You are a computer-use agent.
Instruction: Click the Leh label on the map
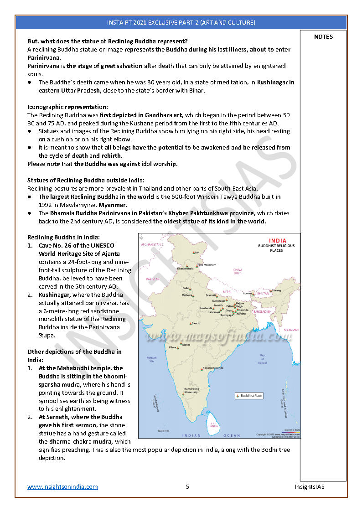pyautogui.click(x=197, y=252)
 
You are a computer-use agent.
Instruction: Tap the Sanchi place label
pyautogui.click(x=196, y=323)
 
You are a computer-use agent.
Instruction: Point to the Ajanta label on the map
pyautogui.click(x=186, y=345)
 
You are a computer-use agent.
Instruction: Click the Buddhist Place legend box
pyautogui.click(x=249, y=396)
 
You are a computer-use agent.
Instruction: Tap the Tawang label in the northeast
pyautogui.click(x=276, y=290)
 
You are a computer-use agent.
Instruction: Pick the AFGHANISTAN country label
pyautogui.click(x=152, y=245)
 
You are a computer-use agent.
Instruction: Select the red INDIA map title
pyautogui.click(x=278, y=241)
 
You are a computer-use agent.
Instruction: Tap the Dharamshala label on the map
pyautogui.click(x=185, y=269)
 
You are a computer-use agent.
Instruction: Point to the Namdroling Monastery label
pyautogui.click(x=191, y=390)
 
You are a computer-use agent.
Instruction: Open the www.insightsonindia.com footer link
pyautogui.click(x=62, y=486)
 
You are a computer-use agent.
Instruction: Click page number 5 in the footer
pyautogui.click(x=187, y=486)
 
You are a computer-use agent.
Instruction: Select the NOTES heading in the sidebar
pyautogui.click(x=323, y=37)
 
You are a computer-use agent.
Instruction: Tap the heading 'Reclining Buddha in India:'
pyautogui.click(x=63, y=237)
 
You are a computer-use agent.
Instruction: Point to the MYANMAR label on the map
pyautogui.click(x=291, y=330)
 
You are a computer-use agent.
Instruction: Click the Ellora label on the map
pyautogui.click(x=173, y=347)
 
